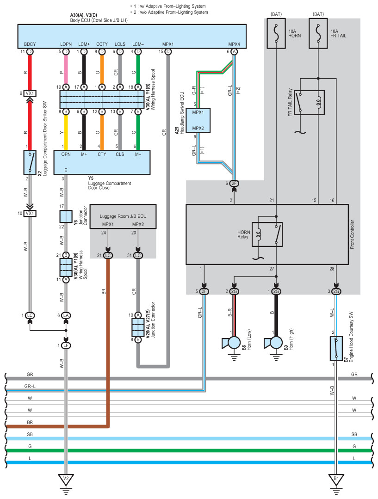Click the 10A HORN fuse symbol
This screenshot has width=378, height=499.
(x=276, y=33)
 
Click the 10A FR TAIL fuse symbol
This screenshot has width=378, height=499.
(x=318, y=33)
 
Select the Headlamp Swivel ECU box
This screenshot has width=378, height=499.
(x=198, y=120)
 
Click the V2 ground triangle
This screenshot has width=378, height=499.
(x=66, y=479)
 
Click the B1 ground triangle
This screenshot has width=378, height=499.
(x=336, y=479)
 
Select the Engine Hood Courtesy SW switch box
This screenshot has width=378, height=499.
(x=336, y=349)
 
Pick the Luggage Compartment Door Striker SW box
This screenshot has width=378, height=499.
(x=30, y=162)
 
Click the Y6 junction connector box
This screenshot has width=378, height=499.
(x=66, y=216)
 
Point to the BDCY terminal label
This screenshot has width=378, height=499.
(x=30, y=44)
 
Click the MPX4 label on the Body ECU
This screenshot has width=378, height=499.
(x=234, y=44)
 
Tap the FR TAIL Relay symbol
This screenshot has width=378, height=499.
(x=309, y=103)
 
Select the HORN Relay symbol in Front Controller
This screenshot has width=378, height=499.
(x=267, y=234)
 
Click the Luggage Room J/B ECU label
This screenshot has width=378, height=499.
(x=123, y=216)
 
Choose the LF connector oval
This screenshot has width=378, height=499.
(x=66, y=345)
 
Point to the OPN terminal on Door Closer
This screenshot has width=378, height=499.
(x=66, y=154)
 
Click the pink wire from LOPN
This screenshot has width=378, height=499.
(x=66, y=69)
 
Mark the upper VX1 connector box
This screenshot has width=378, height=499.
(x=30, y=93)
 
